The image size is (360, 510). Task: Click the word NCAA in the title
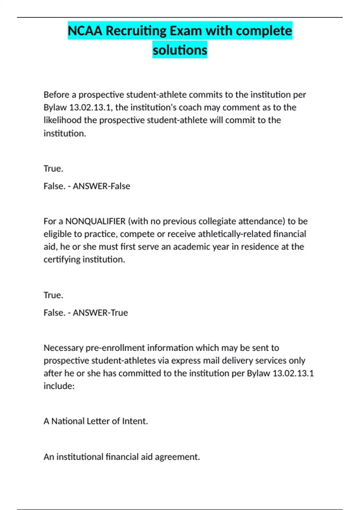pos(85,31)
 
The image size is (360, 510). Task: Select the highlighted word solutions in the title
pos(180,50)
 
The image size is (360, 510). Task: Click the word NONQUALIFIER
pos(95,221)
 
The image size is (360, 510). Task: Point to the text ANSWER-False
pos(101,186)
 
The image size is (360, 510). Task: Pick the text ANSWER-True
pos(100,313)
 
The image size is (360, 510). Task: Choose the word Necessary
pos(63,348)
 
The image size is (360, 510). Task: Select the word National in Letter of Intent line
pos(68,421)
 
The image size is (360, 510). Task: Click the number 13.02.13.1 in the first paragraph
pos(90,107)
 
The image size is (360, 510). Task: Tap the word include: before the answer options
pos(59,386)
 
